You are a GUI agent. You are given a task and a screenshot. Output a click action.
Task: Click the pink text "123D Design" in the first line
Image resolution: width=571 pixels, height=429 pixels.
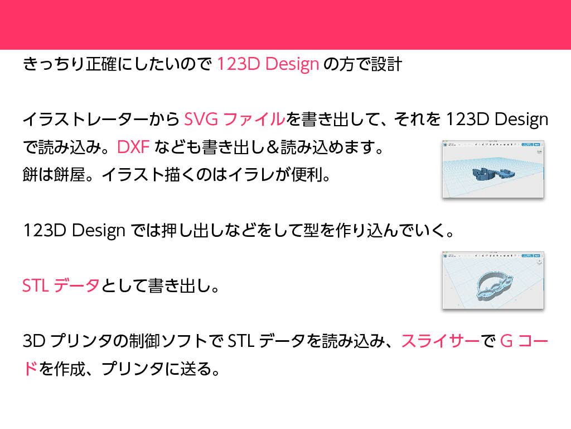click(x=267, y=64)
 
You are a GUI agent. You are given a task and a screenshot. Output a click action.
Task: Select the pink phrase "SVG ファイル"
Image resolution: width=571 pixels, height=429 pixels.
click(x=234, y=120)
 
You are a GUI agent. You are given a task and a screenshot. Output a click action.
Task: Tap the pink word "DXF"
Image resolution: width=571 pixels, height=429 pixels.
click(x=133, y=147)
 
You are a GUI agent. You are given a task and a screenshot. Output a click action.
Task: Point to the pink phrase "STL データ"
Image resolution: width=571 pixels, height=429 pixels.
click(x=61, y=286)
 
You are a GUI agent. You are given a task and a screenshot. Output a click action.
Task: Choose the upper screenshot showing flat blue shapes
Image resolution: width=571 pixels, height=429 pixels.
click(x=492, y=170)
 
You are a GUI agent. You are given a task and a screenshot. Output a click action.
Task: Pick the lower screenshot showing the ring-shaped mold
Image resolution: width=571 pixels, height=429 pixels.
click(x=492, y=282)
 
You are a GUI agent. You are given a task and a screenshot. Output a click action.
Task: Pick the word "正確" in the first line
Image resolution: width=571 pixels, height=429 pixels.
click(x=101, y=64)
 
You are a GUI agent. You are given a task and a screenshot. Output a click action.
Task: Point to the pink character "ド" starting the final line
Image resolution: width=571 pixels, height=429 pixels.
click(x=31, y=369)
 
